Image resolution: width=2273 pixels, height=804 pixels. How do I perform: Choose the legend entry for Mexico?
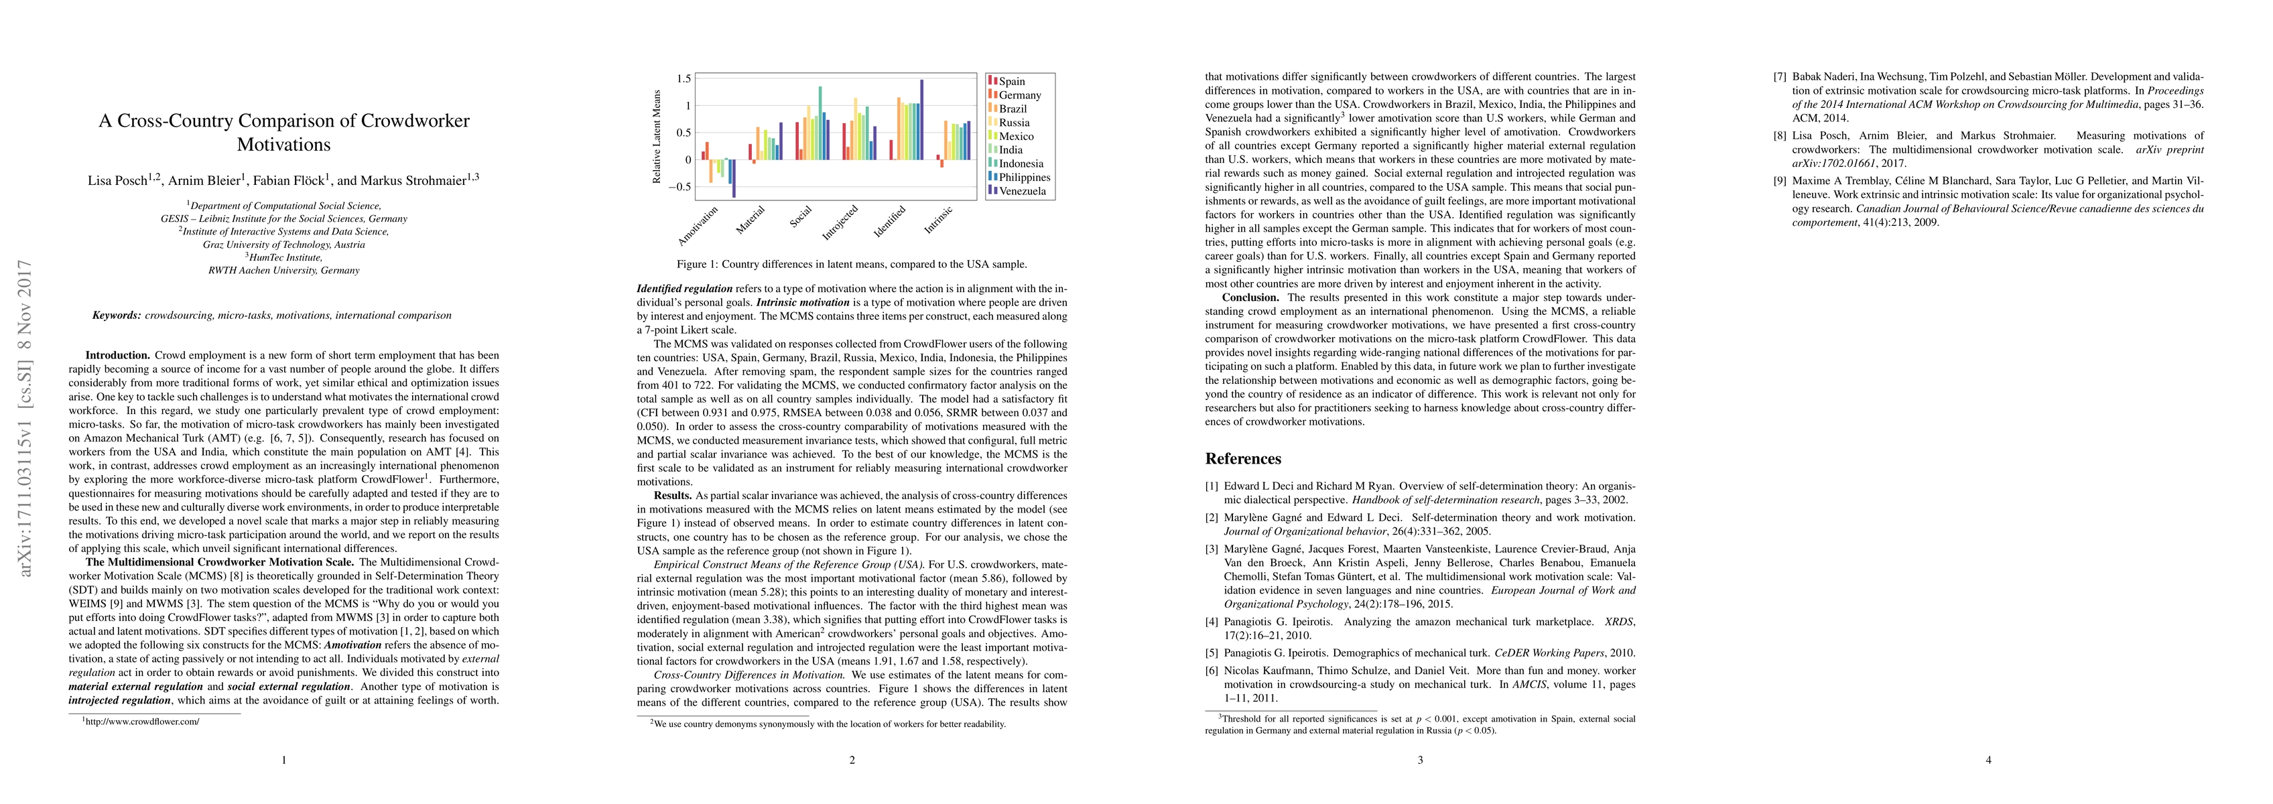pyautogui.click(x=1016, y=136)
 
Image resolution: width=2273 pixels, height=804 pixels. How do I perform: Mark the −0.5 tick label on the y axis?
pyautogui.click(x=679, y=187)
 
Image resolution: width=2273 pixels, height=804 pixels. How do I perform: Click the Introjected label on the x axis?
pyautogui.click(x=840, y=222)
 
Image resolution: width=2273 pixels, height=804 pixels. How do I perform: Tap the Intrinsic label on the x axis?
pyautogui.click(x=939, y=220)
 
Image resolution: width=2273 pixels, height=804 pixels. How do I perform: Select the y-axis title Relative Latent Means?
pyautogui.click(x=657, y=136)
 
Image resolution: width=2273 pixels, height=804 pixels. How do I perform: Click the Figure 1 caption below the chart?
pyautogui.click(x=852, y=264)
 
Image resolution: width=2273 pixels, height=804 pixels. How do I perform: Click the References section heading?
pyautogui.click(x=1242, y=459)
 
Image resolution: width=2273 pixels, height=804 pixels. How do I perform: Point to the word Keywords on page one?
pyautogui.click(x=117, y=315)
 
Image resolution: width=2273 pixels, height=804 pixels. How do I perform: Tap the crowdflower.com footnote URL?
pyautogui.click(x=142, y=721)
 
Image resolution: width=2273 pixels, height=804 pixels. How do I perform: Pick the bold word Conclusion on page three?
pyautogui.click(x=1250, y=297)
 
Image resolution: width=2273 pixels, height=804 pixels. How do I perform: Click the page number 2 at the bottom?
pyautogui.click(x=852, y=760)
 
